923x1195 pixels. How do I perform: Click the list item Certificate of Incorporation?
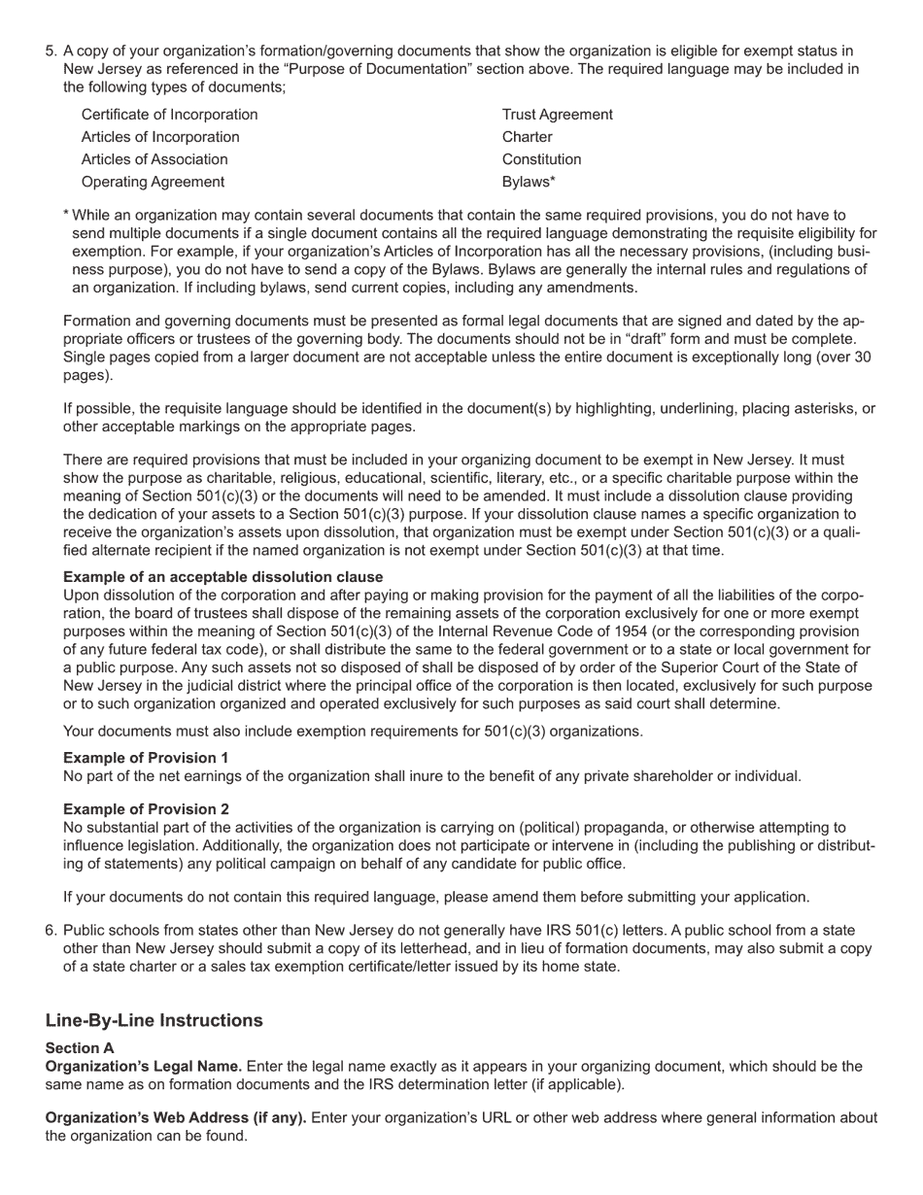[169, 115]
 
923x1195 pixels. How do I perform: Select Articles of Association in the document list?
[154, 159]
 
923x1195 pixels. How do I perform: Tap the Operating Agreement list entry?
[153, 182]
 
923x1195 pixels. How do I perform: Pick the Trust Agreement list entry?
[557, 115]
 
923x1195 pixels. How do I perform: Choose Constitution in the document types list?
[541, 159]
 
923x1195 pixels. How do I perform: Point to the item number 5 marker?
[51, 51]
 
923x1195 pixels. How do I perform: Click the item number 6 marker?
[51, 931]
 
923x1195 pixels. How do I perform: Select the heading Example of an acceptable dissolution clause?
[222, 577]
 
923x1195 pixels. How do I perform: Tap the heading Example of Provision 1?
[146, 758]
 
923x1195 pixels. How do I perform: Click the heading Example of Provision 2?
[146, 809]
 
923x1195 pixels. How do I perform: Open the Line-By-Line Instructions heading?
[154, 1020]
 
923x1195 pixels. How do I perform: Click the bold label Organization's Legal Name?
[143, 1067]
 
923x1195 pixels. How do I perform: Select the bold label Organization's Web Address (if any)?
[176, 1118]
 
